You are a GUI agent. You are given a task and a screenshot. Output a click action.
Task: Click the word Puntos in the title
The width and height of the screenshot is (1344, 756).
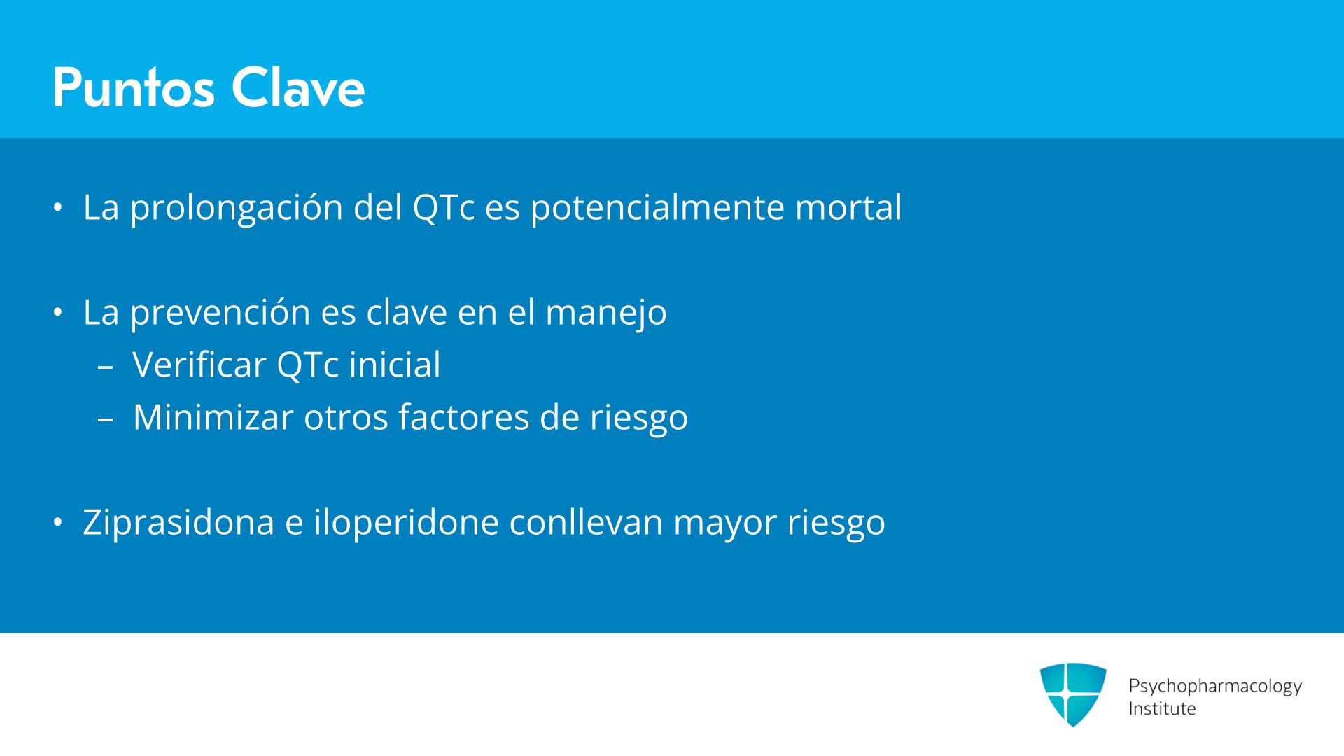pyautogui.click(x=134, y=87)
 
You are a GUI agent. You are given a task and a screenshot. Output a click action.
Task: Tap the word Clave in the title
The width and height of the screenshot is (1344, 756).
pyautogui.click(x=298, y=87)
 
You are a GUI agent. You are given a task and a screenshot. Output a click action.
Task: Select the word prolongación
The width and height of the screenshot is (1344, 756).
pyautogui.click(x=236, y=208)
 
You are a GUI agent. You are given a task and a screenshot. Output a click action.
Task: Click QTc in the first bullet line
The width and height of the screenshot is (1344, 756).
pyautogui.click(x=444, y=207)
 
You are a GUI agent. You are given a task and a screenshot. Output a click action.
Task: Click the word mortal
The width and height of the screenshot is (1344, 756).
pyautogui.click(x=848, y=207)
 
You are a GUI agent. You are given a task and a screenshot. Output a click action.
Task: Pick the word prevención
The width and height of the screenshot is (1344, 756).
pyautogui.click(x=220, y=313)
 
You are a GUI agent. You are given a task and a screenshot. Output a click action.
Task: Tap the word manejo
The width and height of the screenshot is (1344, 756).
pyautogui.click(x=605, y=313)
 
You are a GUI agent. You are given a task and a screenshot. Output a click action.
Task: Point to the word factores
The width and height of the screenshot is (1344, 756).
pyautogui.click(x=463, y=417)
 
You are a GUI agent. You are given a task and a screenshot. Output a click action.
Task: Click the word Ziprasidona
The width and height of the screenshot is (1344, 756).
pyautogui.click(x=178, y=523)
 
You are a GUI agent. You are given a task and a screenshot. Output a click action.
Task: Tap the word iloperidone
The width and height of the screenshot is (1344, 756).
pyautogui.click(x=406, y=523)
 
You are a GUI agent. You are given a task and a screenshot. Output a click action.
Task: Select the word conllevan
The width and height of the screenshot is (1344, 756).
pyautogui.click(x=586, y=522)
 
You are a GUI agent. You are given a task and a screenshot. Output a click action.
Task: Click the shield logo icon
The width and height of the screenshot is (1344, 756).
pyautogui.click(x=1073, y=694)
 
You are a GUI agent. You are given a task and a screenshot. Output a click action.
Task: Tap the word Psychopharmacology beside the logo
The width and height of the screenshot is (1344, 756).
pyautogui.click(x=1215, y=687)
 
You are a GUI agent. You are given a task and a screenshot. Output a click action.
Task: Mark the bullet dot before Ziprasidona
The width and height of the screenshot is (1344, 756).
pyautogui.click(x=58, y=522)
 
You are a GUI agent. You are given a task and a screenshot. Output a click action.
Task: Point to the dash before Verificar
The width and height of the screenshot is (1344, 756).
pyautogui.click(x=106, y=367)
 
